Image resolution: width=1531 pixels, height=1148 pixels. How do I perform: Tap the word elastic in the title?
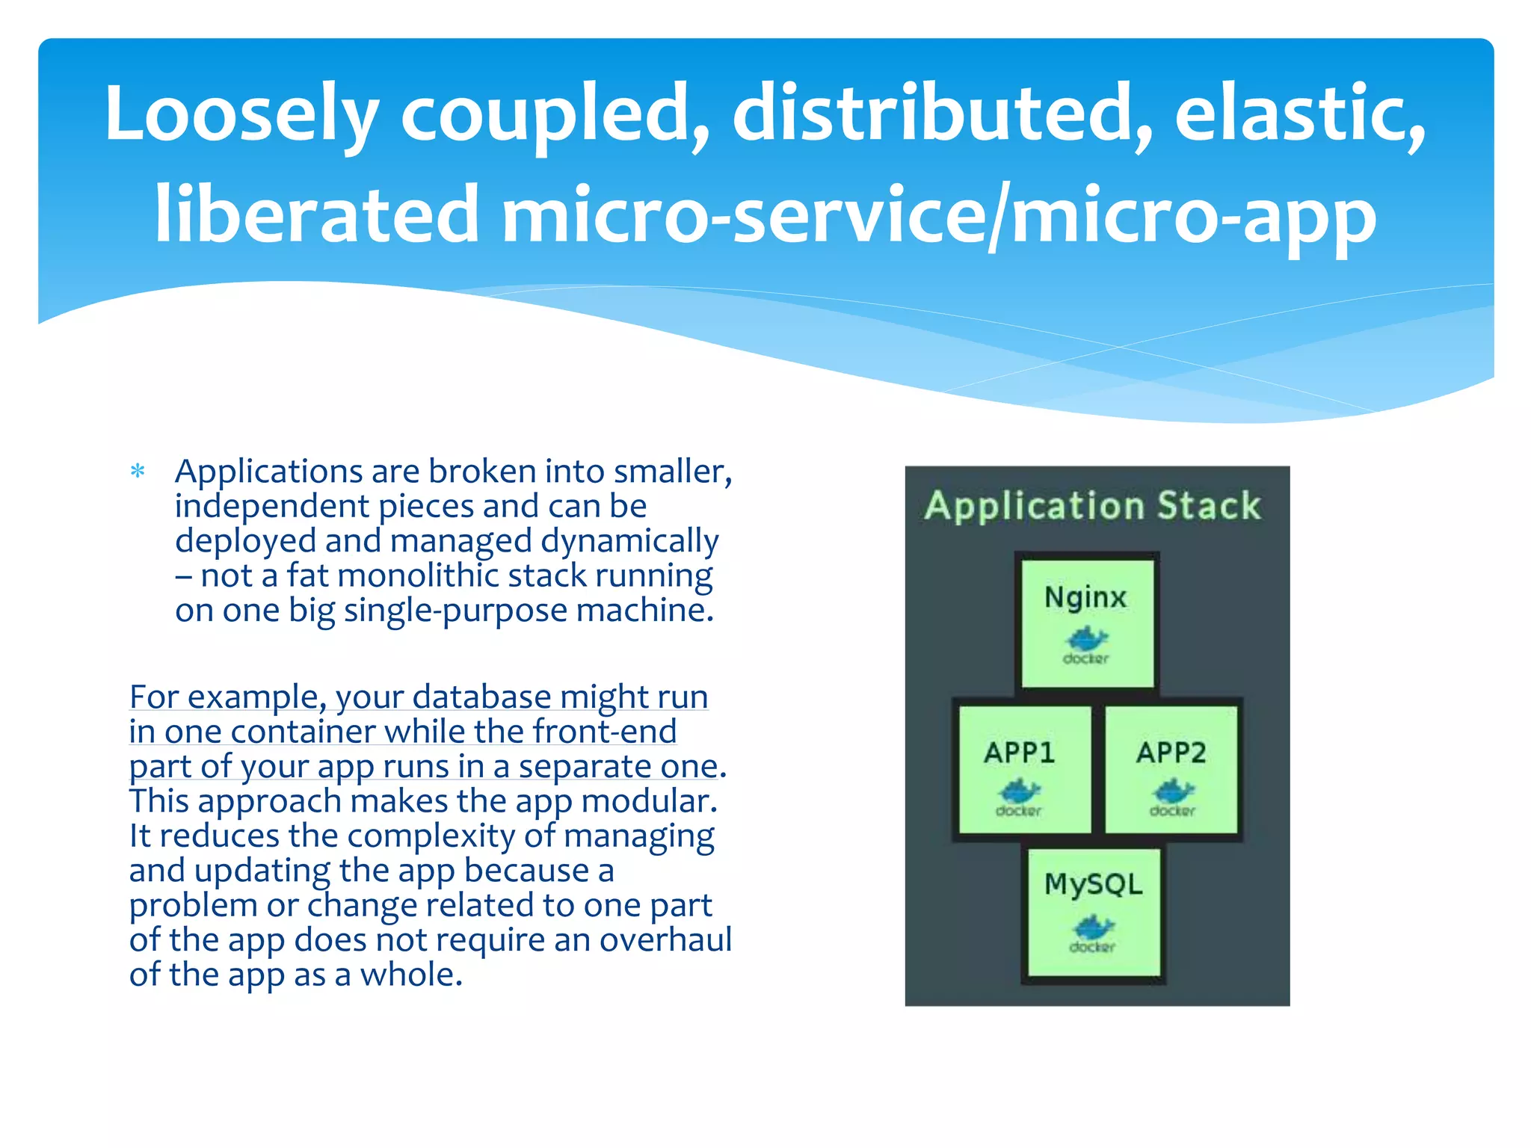tap(1299, 114)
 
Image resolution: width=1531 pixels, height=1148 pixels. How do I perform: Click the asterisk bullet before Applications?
tap(138, 472)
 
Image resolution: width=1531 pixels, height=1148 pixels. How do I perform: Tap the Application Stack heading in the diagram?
tap(1092, 505)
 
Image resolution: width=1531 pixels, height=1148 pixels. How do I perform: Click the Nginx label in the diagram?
tap(1085, 597)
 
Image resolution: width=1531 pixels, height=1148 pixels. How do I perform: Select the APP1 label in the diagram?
tap(1019, 752)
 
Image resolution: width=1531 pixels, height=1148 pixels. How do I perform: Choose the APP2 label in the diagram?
tap(1171, 752)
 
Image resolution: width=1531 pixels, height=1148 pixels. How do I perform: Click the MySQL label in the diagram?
tap(1093, 884)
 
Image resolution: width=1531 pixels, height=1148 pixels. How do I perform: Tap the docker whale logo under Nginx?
tap(1086, 640)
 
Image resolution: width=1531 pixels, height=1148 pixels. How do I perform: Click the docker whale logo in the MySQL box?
tap(1093, 929)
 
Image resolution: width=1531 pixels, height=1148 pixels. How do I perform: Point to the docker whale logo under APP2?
tap(1172, 792)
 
